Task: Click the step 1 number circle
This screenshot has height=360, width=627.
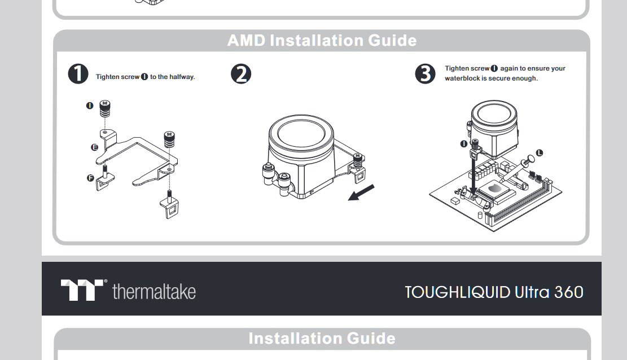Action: (78, 73)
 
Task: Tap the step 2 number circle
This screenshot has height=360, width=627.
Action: (241, 74)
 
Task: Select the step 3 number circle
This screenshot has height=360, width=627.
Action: (425, 73)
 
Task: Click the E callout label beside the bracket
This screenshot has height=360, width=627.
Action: (94, 147)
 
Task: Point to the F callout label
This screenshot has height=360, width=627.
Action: (90, 178)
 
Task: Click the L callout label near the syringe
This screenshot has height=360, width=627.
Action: (540, 153)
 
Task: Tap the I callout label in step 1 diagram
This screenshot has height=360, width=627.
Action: (90, 106)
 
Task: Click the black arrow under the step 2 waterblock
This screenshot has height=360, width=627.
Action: (361, 192)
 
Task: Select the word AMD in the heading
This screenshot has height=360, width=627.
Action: (246, 41)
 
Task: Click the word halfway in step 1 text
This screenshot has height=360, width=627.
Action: (182, 77)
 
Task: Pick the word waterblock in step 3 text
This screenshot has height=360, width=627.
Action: (462, 78)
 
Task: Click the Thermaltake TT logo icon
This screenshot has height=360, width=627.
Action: (82, 289)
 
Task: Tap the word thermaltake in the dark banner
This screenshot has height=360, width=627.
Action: (154, 291)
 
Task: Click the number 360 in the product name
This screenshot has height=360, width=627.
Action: (569, 292)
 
